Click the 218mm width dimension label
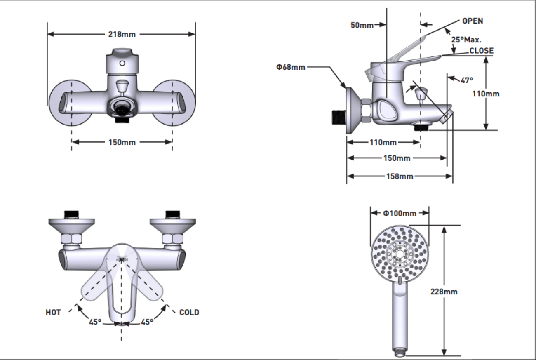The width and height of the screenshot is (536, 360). coord(122,34)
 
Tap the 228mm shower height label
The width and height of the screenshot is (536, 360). coord(444,292)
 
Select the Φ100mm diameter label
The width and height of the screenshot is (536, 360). coord(400,213)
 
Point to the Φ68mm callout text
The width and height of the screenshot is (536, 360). coord(291,67)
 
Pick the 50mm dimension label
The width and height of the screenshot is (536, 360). coord(362,25)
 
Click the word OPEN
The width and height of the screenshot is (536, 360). coord(473,21)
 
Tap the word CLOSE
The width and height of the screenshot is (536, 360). coord(481,51)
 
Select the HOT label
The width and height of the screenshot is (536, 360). coord(53,312)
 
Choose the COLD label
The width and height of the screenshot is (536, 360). coord(189,312)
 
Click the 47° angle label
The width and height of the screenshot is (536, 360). coord(467,80)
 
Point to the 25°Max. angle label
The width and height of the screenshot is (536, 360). coord(466,40)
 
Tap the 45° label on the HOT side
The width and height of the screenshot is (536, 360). coord(95,322)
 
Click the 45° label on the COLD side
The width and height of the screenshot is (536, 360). coord(147,322)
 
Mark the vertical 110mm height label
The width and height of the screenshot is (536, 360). coord(486,94)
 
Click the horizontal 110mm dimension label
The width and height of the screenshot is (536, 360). coord(383,142)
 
